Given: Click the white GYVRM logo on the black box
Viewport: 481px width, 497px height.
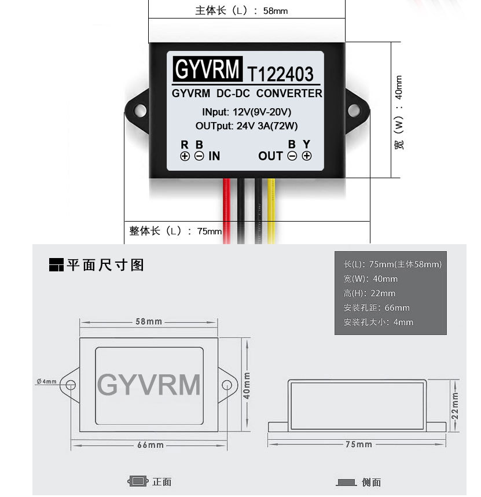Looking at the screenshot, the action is (207, 69).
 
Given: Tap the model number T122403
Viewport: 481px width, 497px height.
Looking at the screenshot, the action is (280, 74).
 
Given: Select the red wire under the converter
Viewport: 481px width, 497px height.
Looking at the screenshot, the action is (227, 211).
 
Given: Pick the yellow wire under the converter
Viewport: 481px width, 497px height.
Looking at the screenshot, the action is (271, 211).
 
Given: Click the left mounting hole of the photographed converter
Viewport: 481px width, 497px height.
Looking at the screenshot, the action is (140, 111).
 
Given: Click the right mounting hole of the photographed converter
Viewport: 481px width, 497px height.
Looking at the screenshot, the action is (354, 111).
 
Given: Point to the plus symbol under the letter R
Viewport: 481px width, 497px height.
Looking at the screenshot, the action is (185, 156).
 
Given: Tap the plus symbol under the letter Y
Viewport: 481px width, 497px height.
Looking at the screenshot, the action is (307, 156).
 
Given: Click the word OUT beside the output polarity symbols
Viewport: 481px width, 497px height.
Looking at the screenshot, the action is (270, 156).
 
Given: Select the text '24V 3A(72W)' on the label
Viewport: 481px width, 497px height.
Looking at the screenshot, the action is (267, 126).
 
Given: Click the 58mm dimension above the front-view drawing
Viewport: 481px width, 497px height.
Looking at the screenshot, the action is (149, 322).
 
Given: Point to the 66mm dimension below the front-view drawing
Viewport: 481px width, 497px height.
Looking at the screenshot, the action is (150, 445).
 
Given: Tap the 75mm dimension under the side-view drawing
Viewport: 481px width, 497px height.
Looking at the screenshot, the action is (359, 444).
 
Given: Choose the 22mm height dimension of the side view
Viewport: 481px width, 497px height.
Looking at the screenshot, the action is (455, 406).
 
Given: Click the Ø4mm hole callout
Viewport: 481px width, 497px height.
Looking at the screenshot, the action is (47, 381).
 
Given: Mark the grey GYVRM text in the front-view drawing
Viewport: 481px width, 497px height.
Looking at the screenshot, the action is (149, 385).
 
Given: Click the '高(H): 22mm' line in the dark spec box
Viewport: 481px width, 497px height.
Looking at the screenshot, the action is (369, 293).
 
